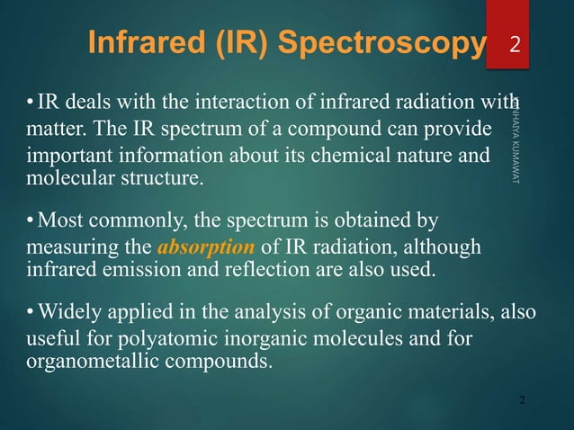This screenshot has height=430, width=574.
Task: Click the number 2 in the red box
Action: coord(514,44)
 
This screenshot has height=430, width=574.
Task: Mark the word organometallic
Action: coord(82,363)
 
